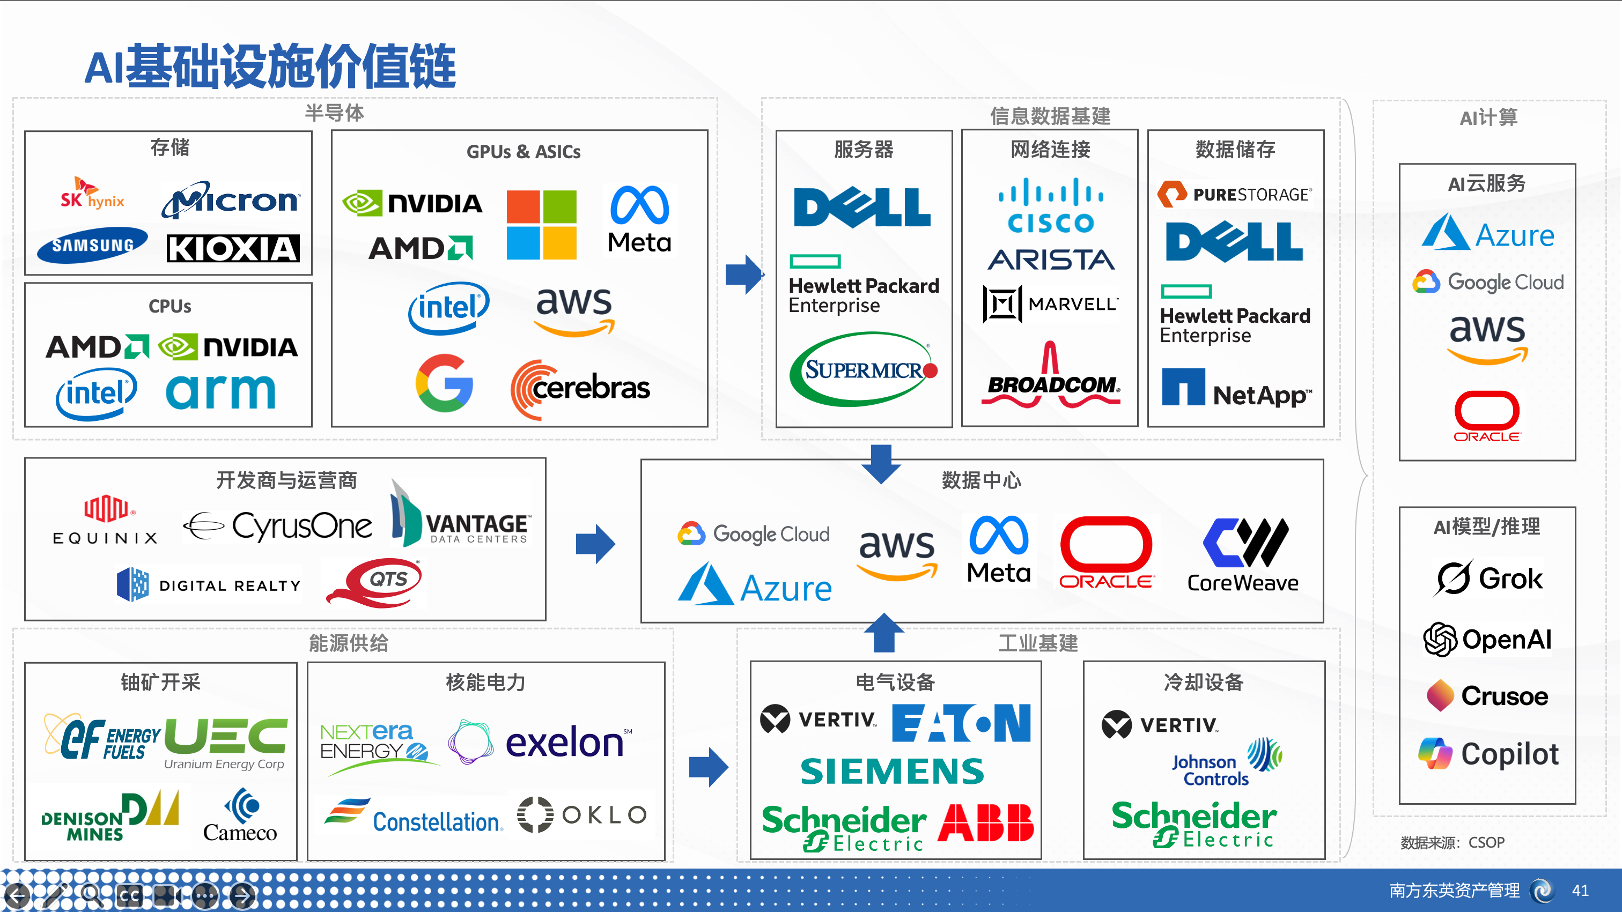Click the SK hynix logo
(x=92, y=195)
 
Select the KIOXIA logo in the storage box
(x=233, y=249)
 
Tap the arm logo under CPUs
(x=220, y=391)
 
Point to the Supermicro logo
(x=863, y=369)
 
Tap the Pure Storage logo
(x=1235, y=194)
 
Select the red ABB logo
(x=985, y=822)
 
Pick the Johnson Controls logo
(x=1225, y=763)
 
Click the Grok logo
(x=1488, y=578)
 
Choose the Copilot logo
(x=1488, y=753)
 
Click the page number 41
(x=1580, y=890)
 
